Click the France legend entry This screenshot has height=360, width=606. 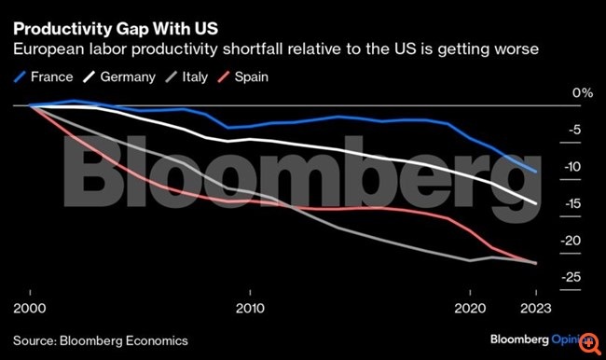point(43,76)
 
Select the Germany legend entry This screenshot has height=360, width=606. point(119,76)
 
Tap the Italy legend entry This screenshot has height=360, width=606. point(186,76)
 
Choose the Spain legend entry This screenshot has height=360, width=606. point(242,76)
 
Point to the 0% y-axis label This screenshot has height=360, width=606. point(583,93)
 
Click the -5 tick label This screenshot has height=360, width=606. point(574,130)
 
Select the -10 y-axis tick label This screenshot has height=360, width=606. point(572,167)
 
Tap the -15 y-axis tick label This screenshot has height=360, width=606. point(572,203)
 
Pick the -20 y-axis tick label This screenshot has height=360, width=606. point(572,241)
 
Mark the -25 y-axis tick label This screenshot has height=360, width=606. point(572,277)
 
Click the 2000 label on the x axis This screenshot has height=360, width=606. point(30,308)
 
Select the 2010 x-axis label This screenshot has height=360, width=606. point(250,308)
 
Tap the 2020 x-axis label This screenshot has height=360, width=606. point(470,308)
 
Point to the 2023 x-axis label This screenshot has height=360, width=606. point(536,308)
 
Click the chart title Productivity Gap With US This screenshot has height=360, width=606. point(116,29)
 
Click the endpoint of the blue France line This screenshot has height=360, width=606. point(536,172)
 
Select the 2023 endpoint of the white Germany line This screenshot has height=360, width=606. point(536,203)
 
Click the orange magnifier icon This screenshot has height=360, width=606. point(590,342)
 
